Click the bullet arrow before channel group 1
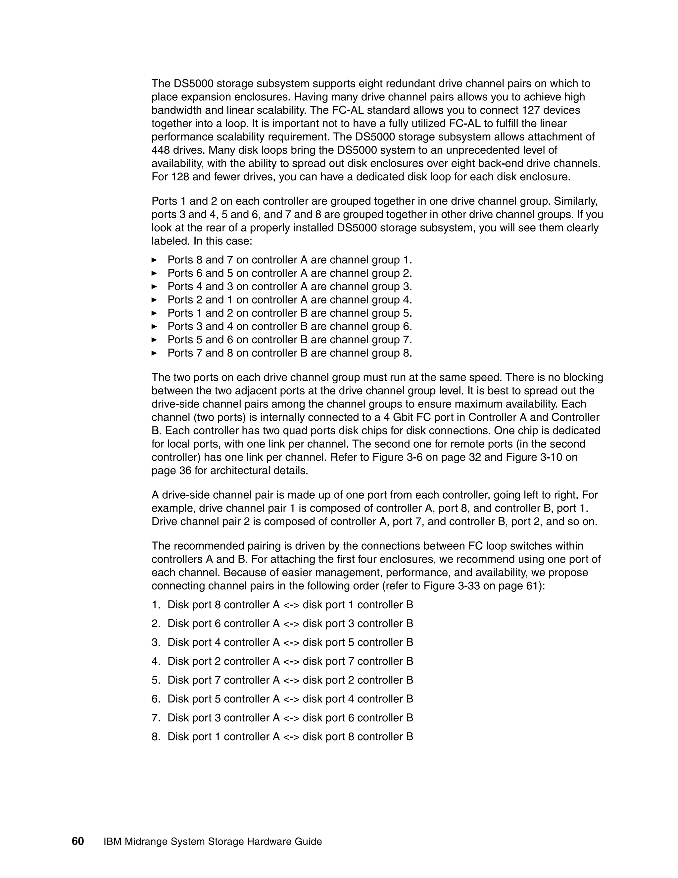point(154,260)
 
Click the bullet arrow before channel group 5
point(154,313)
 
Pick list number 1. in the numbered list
point(156,605)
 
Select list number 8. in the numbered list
point(156,737)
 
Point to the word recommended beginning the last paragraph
point(207,546)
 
